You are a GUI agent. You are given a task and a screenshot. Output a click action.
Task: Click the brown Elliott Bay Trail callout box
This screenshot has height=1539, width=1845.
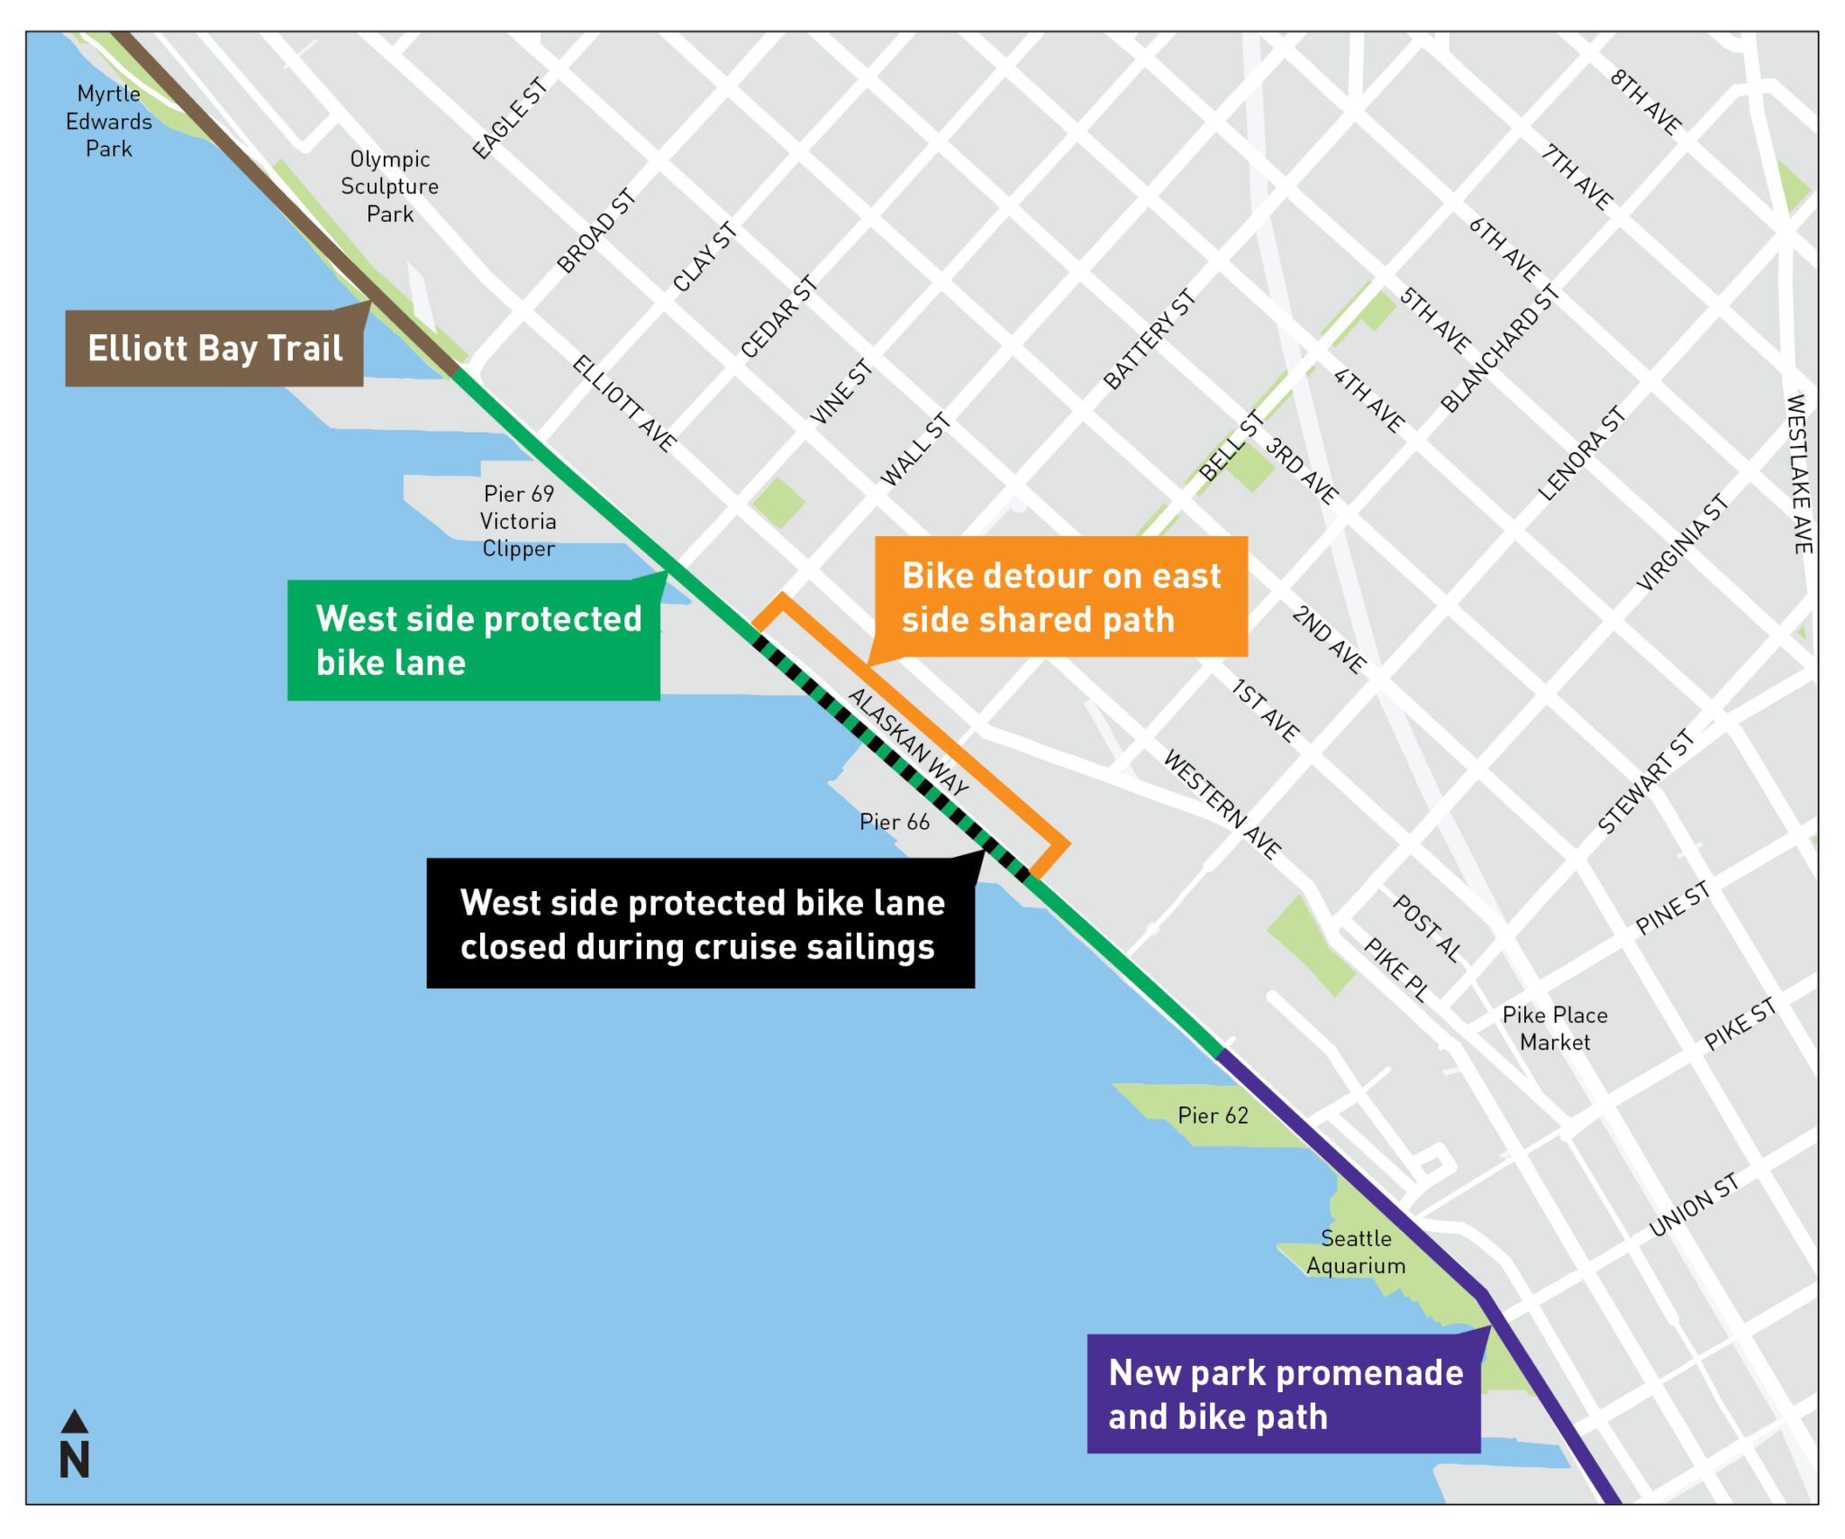(x=214, y=349)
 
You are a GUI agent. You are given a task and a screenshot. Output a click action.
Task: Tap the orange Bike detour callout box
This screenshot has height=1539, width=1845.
(x=1061, y=597)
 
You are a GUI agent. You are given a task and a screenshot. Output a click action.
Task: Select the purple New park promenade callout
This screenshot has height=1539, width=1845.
(x=1284, y=1394)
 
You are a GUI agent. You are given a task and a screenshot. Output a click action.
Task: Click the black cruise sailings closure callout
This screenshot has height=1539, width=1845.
(x=701, y=924)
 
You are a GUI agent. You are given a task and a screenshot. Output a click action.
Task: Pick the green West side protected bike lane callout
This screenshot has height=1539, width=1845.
(x=474, y=641)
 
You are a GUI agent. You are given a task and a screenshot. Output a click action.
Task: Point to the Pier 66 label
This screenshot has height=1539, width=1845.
(x=894, y=822)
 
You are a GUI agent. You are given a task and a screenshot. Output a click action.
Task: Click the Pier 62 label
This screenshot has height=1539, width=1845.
(x=1213, y=1116)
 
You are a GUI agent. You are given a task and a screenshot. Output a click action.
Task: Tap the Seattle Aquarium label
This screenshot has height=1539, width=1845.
(x=1356, y=1252)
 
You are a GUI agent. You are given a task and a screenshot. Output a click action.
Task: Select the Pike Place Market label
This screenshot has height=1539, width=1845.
(x=1555, y=1028)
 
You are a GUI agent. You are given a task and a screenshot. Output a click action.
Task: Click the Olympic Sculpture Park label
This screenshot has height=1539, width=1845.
(x=389, y=187)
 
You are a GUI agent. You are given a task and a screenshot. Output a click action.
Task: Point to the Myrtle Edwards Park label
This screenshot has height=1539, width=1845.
(x=109, y=121)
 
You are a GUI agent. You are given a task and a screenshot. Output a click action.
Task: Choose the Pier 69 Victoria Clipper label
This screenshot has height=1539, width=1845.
(x=518, y=521)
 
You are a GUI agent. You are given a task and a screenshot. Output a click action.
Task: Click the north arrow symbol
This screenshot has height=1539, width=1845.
(x=75, y=1444)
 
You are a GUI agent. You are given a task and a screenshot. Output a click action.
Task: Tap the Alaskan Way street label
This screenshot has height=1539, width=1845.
(x=908, y=741)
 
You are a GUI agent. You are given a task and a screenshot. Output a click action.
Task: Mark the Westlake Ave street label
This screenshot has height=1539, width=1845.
(x=1798, y=473)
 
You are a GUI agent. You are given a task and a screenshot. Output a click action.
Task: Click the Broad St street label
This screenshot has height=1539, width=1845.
(x=596, y=231)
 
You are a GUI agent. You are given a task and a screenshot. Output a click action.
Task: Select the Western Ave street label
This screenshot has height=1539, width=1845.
(x=1222, y=804)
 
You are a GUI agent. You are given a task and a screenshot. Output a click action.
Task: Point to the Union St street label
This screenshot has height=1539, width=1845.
(x=1694, y=1205)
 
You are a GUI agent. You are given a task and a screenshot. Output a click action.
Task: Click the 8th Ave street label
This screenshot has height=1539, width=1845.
(x=1646, y=103)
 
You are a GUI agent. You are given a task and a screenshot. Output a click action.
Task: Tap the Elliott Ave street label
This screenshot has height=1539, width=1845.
(x=624, y=403)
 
